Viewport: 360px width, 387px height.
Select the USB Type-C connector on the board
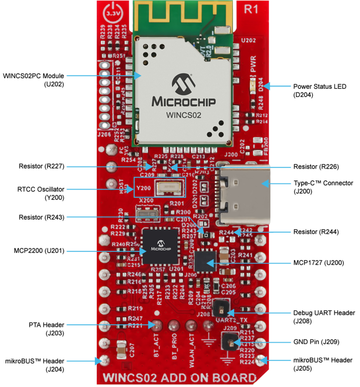[245, 193]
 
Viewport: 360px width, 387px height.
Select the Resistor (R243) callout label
[42, 217]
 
